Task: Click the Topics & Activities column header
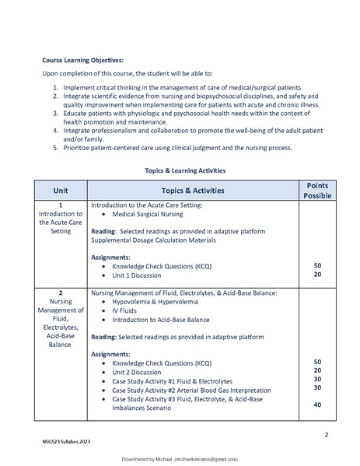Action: coord(192,191)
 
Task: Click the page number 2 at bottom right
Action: coord(325,435)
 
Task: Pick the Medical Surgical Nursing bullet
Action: coord(148,213)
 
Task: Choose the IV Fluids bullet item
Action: coord(126,310)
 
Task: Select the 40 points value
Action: coord(317,405)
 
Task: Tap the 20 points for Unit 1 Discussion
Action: coord(317,275)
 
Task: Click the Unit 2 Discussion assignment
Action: coord(142,372)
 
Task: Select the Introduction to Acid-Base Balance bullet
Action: coord(160,319)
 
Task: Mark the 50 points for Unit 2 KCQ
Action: coord(317,362)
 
